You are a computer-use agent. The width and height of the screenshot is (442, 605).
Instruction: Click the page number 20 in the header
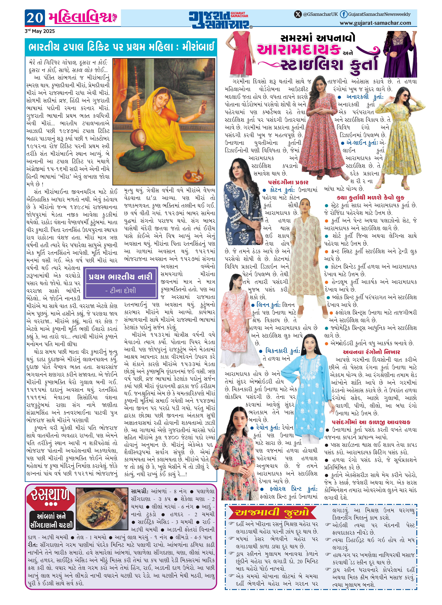[x=35, y=18]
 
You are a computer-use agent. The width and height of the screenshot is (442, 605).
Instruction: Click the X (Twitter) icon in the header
[x=298, y=14]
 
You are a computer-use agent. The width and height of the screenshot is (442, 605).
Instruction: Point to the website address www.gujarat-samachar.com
[x=375, y=23]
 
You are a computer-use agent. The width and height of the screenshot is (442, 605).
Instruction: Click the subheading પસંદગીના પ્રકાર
[x=288, y=182]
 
